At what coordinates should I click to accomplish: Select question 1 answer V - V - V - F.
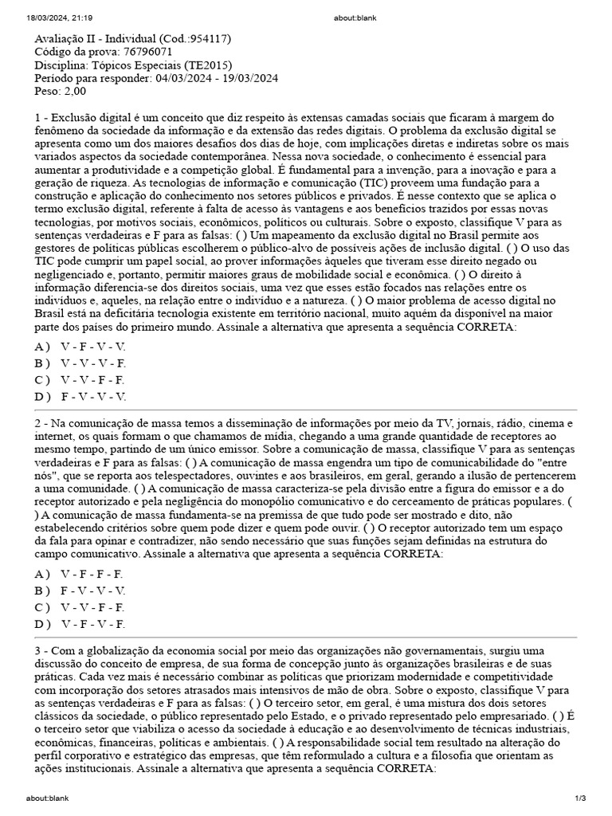[92, 363]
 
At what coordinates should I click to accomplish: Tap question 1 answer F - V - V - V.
[92, 396]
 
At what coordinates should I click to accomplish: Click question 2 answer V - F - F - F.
[92, 574]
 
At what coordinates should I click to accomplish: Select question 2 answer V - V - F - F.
[92, 607]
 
